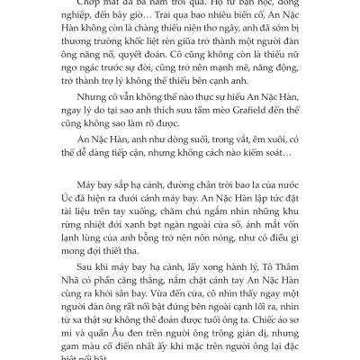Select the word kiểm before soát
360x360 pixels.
(242, 166)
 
